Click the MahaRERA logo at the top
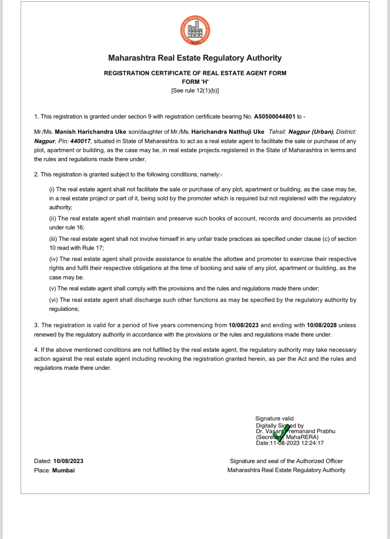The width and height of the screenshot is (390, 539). pyautogui.click(x=195, y=31)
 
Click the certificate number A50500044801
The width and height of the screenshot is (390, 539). pyautogui.click(x=275, y=116)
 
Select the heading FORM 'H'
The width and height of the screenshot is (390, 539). pyautogui.click(x=195, y=82)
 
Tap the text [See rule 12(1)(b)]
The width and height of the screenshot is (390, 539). pyautogui.click(x=195, y=90)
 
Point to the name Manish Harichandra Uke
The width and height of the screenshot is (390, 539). pyautogui.click(x=90, y=132)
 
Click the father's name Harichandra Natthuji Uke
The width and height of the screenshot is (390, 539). pyautogui.click(x=228, y=132)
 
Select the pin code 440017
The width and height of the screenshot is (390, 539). pyautogui.click(x=80, y=141)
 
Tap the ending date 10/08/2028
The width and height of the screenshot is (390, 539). pyautogui.click(x=322, y=325)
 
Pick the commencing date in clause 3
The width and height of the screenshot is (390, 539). pyautogui.click(x=244, y=325)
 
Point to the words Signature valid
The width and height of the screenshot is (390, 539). pyautogui.click(x=274, y=418)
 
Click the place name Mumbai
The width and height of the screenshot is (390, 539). pyautogui.click(x=63, y=470)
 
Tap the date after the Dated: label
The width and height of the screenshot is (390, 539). pyautogui.click(x=68, y=461)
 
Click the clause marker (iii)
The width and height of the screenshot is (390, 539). pyautogui.click(x=53, y=239)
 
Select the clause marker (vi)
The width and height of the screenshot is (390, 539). pyautogui.click(x=53, y=300)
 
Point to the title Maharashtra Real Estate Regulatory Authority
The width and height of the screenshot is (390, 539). pyautogui.click(x=195, y=58)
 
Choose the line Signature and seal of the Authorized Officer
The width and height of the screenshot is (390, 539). pyautogui.click(x=286, y=461)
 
